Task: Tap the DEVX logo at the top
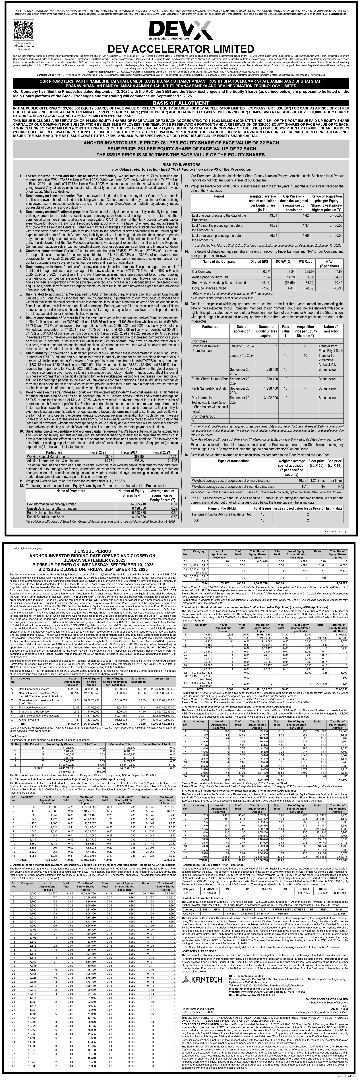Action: pos(180,31)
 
